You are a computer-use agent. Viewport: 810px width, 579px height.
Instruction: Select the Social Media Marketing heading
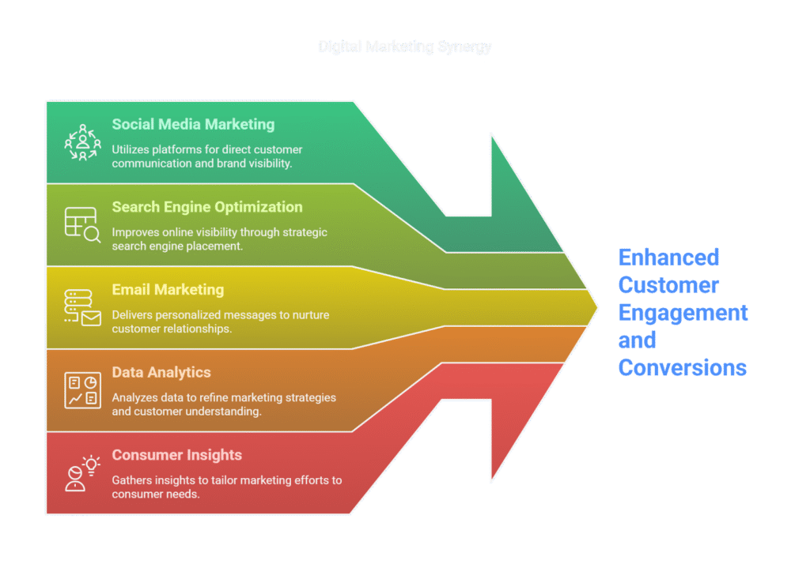pyautogui.click(x=193, y=124)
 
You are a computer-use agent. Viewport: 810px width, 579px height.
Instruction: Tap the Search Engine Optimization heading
pyautogui.click(x=206, y=207)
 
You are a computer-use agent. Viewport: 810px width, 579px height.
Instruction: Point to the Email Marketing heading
pyautogui.click(x=168, y=290)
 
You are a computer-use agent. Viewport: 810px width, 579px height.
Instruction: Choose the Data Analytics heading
pyautogui.click(x=161, y=372)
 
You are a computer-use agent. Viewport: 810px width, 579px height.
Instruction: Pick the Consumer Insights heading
pyautogui.click(x=176, y=455)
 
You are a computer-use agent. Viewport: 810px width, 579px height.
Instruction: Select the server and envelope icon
pyautogui.click(x=82, y=307)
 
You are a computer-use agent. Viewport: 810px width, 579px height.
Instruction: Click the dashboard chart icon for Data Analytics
pyautogui.click(x=82, y=390)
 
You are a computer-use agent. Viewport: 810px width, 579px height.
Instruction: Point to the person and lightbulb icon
pyautogui.click(x=82, y=472)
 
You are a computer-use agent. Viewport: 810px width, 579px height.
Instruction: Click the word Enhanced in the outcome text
pyautogui.click(x=668, y=258)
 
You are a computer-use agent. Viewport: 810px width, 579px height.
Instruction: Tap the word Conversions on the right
pyautogui.click(x=682, y=367)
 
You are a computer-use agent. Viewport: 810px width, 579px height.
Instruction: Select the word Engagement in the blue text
pyautogui.click(x=683, y=312)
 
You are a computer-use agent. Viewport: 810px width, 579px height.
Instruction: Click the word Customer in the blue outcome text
pyautogui.click(x=668, y=284)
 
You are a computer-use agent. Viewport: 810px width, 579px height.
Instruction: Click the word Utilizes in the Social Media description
pyautogui.click(x=131, y=149)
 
